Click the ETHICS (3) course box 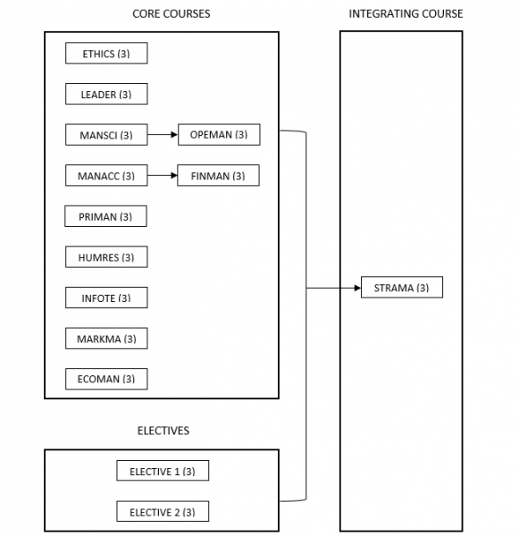click(x=106, y=54)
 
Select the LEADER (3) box click(x=106, y=94)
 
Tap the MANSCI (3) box click(x=106, y=135)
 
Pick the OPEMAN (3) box click(x=219, y=135)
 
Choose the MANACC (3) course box click(x=106, y=176)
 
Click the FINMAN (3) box click(x=219, y=176)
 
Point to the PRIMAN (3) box click(x=106, y=216)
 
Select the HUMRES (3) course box click(x=106, y=257)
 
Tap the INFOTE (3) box click(x=106, y=297)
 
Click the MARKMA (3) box click(x=106, y=339)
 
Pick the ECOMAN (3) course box click(x=106, y=379)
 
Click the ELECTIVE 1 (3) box click(x=163, y=471)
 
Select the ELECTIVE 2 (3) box click(x=163, y=512)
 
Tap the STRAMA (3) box click(x=402, y=288)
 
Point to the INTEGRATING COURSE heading click(x=406, y=14)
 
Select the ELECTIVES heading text click(x=163, y=431)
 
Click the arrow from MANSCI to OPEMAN click(x=163, y=135)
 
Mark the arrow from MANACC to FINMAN click(x=163, y=176)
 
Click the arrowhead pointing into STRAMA click(x=356, y=288)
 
